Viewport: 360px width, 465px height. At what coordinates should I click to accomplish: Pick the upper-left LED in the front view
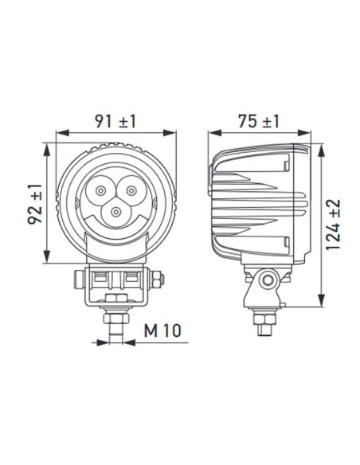click(101, 190)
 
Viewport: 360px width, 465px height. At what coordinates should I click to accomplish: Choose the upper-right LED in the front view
click(127, 190)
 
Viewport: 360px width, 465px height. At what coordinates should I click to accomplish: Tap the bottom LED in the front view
click(117, 212)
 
